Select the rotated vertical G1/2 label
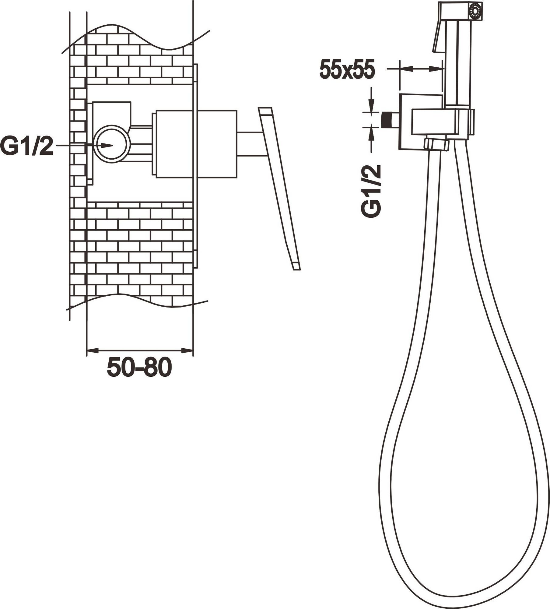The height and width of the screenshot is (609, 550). tap(371, 191)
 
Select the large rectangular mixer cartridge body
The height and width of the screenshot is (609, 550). tap(196, 144)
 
